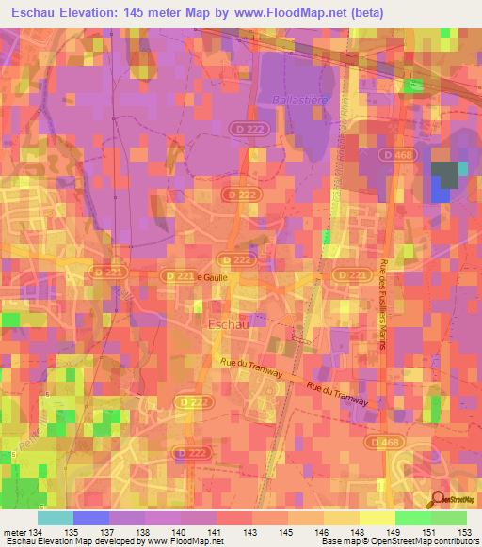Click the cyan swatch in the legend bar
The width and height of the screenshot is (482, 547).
click(56, 518)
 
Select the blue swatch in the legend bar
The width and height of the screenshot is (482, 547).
click(91, 518)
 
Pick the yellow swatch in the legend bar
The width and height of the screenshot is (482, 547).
click(377, 518)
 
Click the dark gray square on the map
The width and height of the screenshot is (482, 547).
click(447, 174)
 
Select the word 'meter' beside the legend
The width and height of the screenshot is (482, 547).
click(16, 532)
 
